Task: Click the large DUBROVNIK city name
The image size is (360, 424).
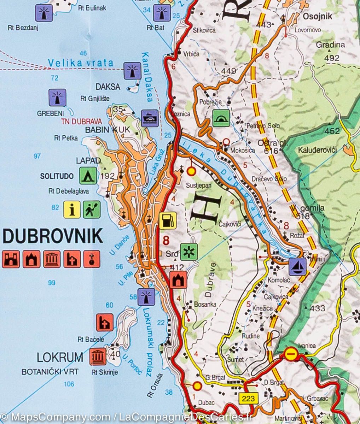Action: (x=53, y=236)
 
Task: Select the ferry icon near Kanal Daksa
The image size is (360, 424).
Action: (x=150, y=118)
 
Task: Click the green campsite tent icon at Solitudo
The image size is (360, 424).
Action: (x=88, y=176)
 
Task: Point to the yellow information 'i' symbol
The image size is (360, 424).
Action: (x=72, y=210)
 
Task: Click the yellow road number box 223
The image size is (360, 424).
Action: (x=249, y=398)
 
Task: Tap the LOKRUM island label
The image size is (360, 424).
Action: (x=60, y=357)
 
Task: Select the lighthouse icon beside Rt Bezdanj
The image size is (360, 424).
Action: (x=44, y=13)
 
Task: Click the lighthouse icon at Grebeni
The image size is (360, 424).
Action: (x=57, y=98)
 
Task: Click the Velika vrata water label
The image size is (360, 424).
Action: (x=81, y=63)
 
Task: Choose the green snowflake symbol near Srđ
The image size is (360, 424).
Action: (x=189, y=252)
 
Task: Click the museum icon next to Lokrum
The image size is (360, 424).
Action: (x=98, y=357)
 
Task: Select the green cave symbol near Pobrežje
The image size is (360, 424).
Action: (x=221, y=118)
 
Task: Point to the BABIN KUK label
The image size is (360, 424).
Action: (x=105, y=130)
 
